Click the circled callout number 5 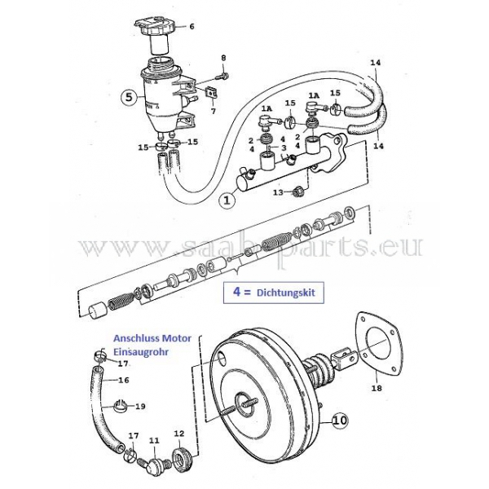(x=129, y=97)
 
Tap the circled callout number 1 (x=227, y=200)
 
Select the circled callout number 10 (x=340, y=420)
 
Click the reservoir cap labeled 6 (x=154, y=27)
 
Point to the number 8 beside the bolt (x=223, y=58)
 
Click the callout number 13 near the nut (x=278, y=192)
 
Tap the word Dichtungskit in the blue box (x=286, y=293)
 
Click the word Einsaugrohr (x=141, y=352)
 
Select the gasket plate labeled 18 (x=377, y=342)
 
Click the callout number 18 (x=377, y=388)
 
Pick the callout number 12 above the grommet (x=179, y=434)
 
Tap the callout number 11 (x=154, y=441)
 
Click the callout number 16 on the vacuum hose (x=124, y=380)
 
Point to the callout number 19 (x=140, y=407)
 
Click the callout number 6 (x=192, y=26)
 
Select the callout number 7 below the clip (x=214, y=111)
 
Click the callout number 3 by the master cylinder (x=284, y=148)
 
